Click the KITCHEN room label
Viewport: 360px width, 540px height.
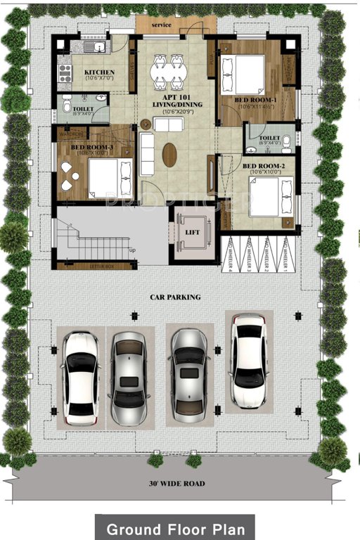coord(99,72)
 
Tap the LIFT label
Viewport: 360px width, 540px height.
coord(193,231)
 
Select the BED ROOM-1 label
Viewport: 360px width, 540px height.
coord(249,101)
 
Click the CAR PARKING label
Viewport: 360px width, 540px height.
coord(175,297)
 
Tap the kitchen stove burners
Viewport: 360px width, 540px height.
coord(65,72)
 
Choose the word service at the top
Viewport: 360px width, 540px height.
coord(162,25)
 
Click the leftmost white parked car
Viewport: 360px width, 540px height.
coord(79,376)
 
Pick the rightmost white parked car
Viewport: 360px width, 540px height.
coord(248,359)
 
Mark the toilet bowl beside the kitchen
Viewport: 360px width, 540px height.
coord(66,107)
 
